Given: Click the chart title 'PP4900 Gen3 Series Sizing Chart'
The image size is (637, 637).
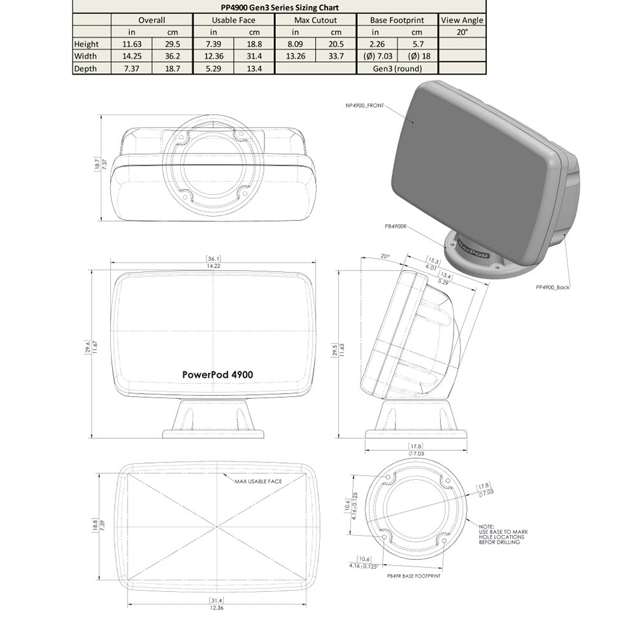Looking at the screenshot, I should [275, 8].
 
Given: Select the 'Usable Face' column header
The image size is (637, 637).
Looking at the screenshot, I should [233, 20].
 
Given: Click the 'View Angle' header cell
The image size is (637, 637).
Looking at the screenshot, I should [462, 20].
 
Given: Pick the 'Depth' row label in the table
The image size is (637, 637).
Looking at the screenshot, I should [85, 69].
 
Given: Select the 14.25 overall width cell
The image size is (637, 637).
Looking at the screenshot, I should [131, 56].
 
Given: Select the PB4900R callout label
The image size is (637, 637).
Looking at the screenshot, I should [396, 225].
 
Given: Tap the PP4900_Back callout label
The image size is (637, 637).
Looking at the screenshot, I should [552, 288].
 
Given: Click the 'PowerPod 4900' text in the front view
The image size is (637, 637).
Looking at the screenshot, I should [217, 375].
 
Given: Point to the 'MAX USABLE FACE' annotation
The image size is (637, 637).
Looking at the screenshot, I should [258, 481].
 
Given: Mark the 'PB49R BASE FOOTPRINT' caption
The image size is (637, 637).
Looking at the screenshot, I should [414, 575].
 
